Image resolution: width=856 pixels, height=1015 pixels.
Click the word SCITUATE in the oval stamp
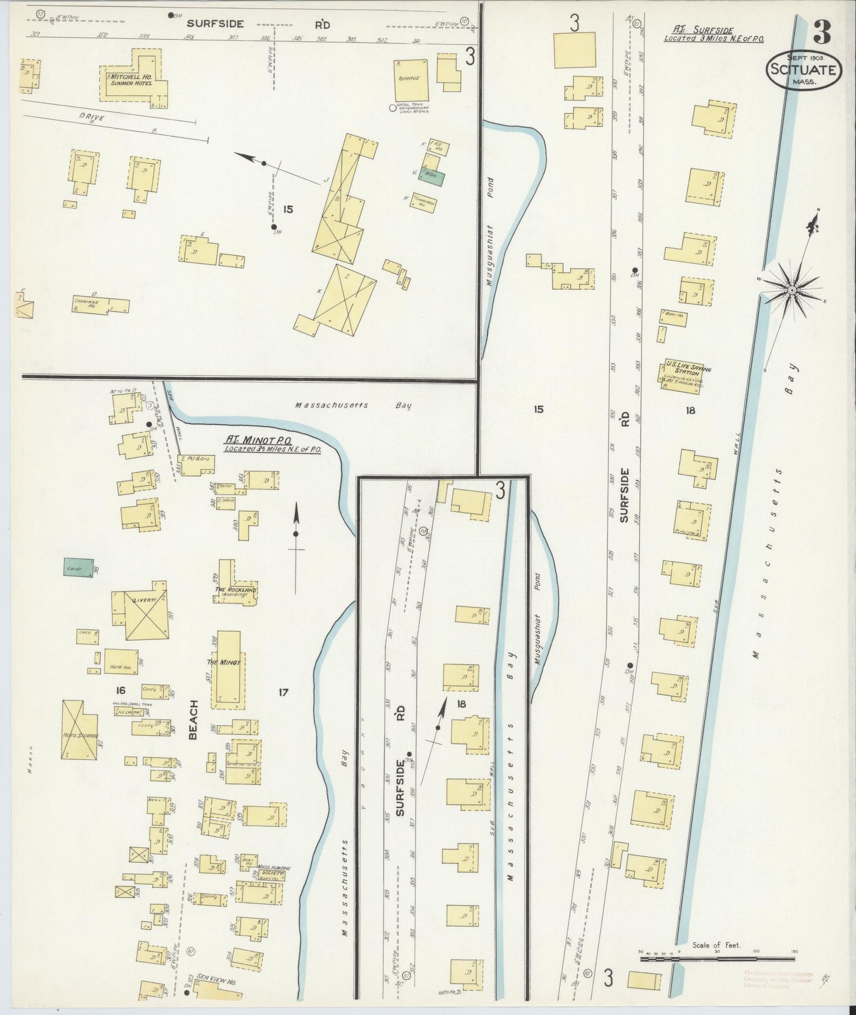click(x=803, y=70)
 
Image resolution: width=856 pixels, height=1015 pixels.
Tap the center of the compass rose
click(x=791, y=290)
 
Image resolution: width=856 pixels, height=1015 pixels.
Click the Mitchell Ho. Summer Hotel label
click(x=129, y=79)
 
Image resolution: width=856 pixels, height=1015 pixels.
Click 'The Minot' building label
click(x=224, y=662)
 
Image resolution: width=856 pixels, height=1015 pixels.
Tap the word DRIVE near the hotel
click(x=90, y=118)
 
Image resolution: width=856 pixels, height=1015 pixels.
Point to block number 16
click(x=121, y=690)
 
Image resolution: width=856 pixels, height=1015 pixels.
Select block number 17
click(x=283, y=691)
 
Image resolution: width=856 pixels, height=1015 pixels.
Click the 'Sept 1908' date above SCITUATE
click(x=802, y=57)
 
